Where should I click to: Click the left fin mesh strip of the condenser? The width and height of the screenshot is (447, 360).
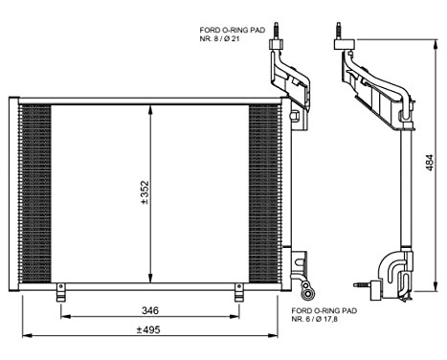34,191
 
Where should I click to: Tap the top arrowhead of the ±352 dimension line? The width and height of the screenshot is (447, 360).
150,104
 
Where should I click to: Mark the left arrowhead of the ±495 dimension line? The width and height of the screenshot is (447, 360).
25,336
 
